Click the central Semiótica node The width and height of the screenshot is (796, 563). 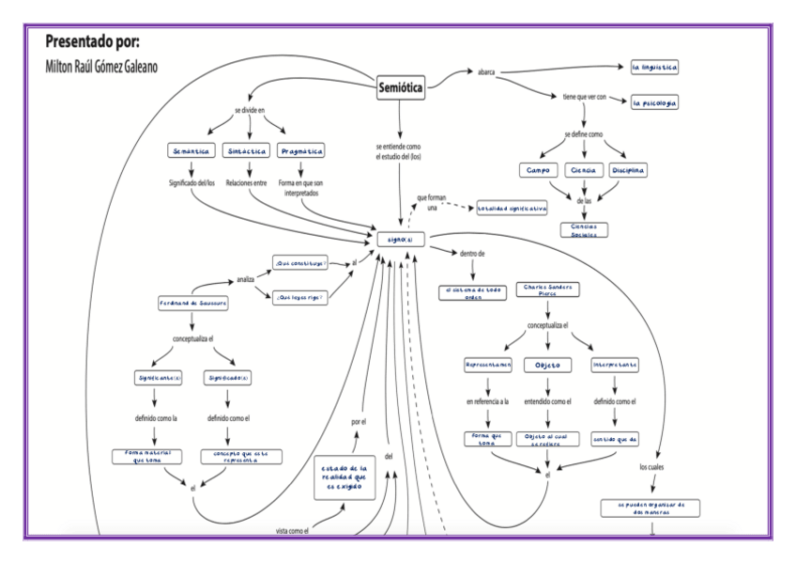coord(401,87)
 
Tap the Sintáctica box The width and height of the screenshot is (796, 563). coord(248,151)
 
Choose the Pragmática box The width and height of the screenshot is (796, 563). coord(302,151)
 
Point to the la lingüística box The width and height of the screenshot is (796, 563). coord(654,69)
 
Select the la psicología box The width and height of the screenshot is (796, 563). coord(654,102)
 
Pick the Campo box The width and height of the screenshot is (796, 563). coord(538,171)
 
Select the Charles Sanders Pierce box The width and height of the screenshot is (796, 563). coord(547,290)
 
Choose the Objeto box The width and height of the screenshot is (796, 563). coord(547,365)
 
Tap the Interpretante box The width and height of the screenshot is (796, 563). coord(616,365)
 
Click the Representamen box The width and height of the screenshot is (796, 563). coord(487,365)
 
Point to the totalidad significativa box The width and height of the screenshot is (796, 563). coord(512,209)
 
